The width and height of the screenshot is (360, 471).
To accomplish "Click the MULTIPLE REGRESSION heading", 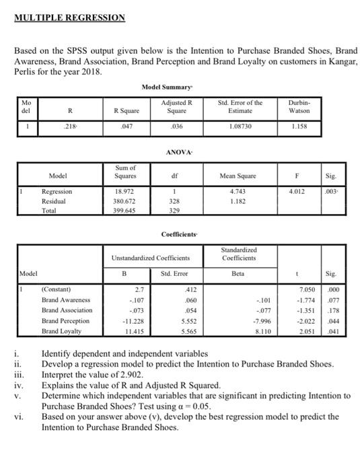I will point(69,17).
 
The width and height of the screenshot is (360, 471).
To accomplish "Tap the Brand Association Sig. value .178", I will point(343,311).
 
